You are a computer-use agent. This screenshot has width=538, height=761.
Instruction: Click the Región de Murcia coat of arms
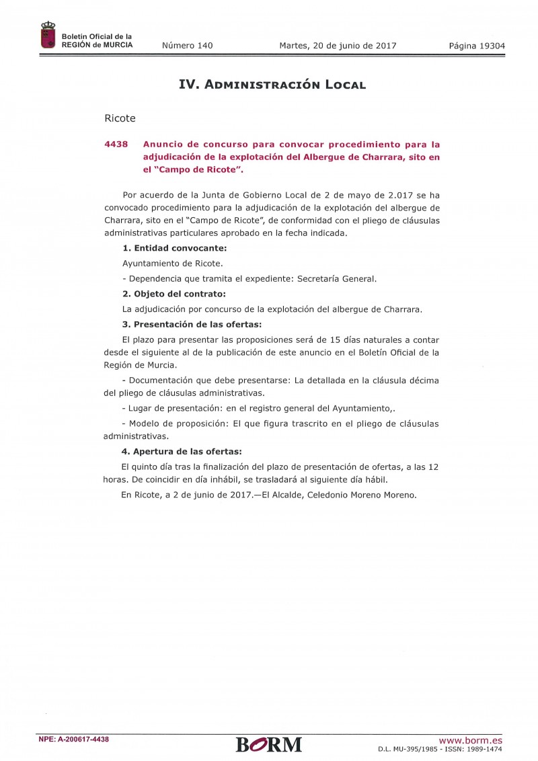click(x=48, y=36)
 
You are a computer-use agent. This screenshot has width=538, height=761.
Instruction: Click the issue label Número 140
click(x=187, y=46)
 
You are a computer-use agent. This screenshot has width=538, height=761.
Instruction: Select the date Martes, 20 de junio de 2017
click(x=338, y=46)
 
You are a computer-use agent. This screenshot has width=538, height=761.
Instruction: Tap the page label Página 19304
click(x=477, y=46)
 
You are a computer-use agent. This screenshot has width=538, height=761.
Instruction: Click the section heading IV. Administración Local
click(x=272, y=85)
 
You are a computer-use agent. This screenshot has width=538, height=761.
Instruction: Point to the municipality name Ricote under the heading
click(x=120, y=118)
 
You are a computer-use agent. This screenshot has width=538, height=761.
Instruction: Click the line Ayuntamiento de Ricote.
click(x=172, y=263)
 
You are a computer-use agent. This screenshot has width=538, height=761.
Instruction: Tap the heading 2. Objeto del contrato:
click(x=174, y=294)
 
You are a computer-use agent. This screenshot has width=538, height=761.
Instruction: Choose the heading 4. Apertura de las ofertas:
click(x=182, y=451)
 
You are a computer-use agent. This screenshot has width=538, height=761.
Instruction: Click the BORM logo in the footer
click(x=268, y=744)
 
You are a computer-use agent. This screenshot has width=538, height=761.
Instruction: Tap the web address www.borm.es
click(x=470, y=739)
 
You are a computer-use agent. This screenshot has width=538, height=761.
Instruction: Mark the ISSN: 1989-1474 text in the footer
click(x=475, y=749)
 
